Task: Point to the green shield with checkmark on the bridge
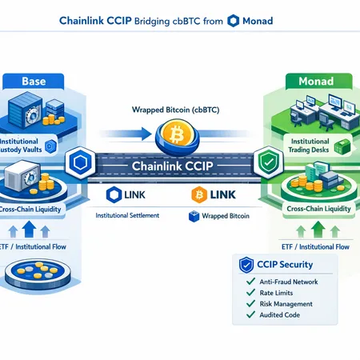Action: (265, 163)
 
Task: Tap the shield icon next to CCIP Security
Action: (246, 264)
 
